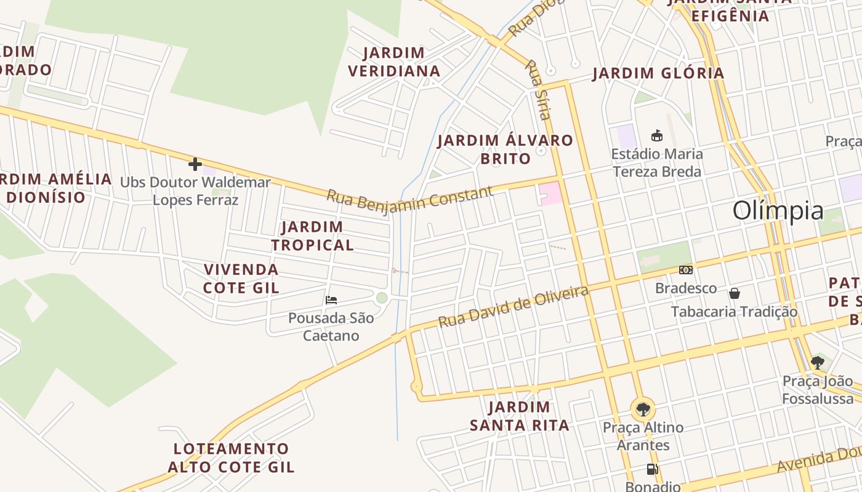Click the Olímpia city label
[x=778, y=211]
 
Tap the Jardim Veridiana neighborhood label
[x=394, y=62]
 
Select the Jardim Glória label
[x=658, y=74]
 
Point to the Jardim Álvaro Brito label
[x=505, y=149]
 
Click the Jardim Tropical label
[x=313, y=236]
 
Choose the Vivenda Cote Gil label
[x=241, y=279]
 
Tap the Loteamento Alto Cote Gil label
[x=231, y=458]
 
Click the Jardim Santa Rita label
[x=519, y=416]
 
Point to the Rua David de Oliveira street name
[x=513, y=306]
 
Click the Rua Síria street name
[x=538, y=89]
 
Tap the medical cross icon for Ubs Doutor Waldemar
[x=195, y=164]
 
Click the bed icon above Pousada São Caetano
[x=331, y=300]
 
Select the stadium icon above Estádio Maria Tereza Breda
[x=657, y=135]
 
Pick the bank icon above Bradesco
[x=685, y=270]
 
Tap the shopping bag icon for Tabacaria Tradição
[x=734, y=293]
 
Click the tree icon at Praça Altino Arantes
[x=643, y=408]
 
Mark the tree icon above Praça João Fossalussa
[x=818, y=362]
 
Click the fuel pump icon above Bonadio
[x=652, y=469]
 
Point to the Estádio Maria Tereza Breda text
[x=657, y=162]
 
